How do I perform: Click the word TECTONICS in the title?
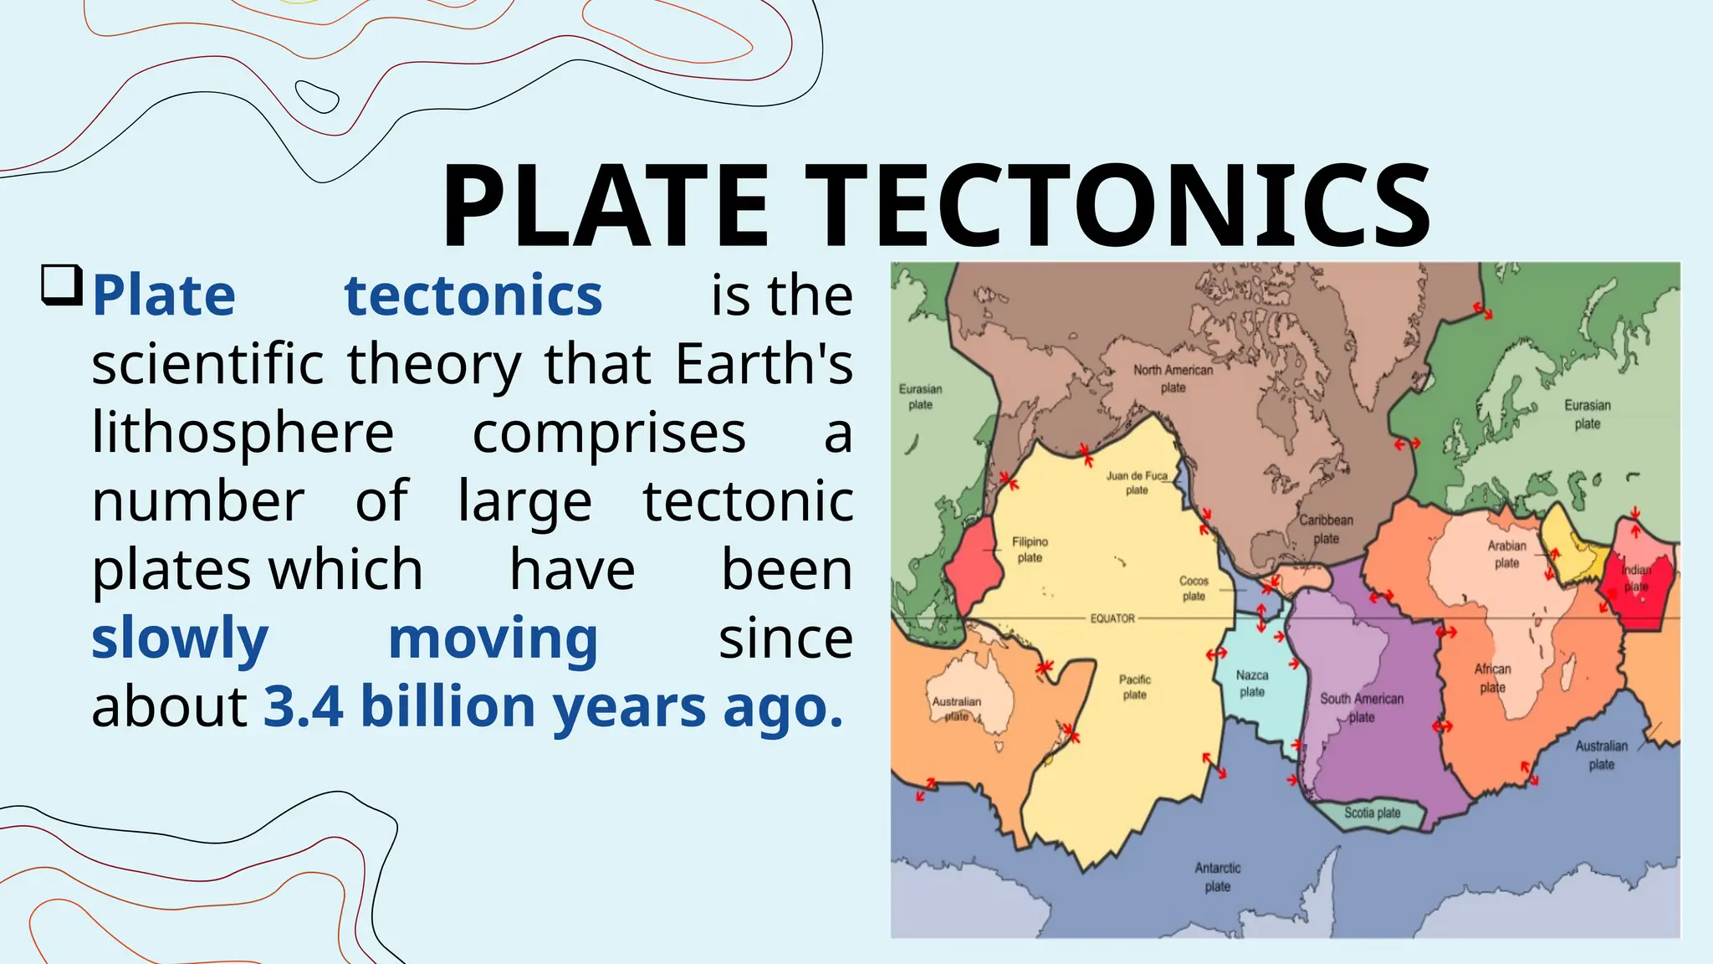pyautogui.click(x=1117, y=206)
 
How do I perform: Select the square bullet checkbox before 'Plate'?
pyautogui.click(x=62, y=285)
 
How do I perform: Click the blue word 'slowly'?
pyautogui.click(x=180, y=638)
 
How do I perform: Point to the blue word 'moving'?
pyautogui.click(x=493, y=638)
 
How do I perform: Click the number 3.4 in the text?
pyautogui.click(x=304, y=707)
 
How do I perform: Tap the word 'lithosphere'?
pyautogui.click(x=243, y=433)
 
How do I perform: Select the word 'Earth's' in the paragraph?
pyautogui.click(x=764, y=364)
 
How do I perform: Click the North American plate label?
pyautogui.click(x=1173, y=378)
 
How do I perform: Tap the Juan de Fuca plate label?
pyautogui.click(x=1137, y=482)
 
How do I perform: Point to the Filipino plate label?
pyautogui.click(x=1030, y=549)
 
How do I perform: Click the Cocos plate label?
pyautogui.click(x=1194, y=587)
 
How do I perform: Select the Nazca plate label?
pyautogui.click(x=1252, y=683)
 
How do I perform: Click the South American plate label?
pyautogui.click(x=1362, y=707)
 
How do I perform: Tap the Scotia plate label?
pyautogui.click(x=1372, y=813)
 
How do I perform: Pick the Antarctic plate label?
pyautogui.click(x=1218, y=877)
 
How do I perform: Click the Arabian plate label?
pyautogui.click(x=1506, y=554)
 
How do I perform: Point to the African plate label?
pyautogui.click(x=1492, y=678)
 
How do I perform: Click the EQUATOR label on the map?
pyautogui.click(x=1112, y=618)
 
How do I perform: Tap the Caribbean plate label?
pyautogui.click(x=1326, y=529)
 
